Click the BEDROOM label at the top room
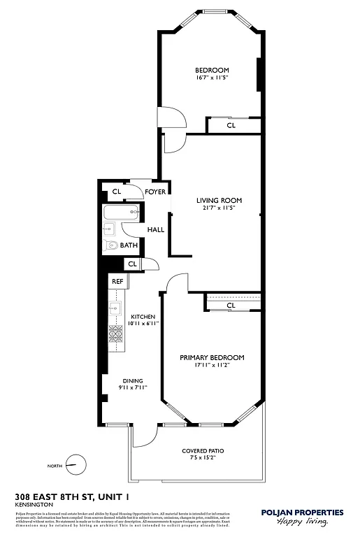212,70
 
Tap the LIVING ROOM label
217,200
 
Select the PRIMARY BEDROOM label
212,357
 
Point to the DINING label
133,380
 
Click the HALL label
155,229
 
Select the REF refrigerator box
117,281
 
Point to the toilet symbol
110,245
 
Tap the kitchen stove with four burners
115,336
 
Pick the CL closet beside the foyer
117,191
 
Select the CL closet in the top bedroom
231,125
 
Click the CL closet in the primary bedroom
231,306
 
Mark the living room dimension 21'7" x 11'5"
217,208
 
